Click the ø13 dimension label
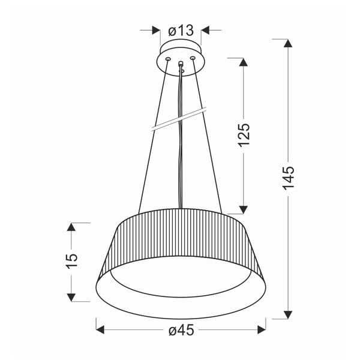(x=181, y=29)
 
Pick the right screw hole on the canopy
(x=193, y=58)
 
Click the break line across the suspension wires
(x=178, y=119)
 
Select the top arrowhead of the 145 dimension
(x=289, y=44)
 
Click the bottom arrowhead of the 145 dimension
(x=289, y=313)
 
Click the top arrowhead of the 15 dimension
(x=72, y=227)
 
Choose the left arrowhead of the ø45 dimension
(x=101, y=329)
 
